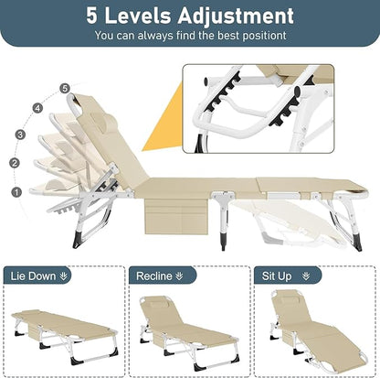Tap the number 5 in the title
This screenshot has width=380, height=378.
(93, 16)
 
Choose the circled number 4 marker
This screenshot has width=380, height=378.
(37, 107)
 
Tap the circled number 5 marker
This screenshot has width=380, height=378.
(64, 88)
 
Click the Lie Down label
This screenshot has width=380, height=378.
(37, 274)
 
